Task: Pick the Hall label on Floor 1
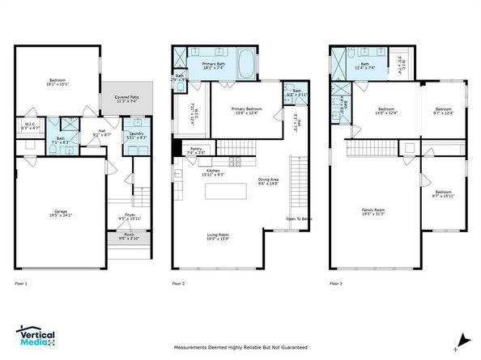click(x=103, y=133)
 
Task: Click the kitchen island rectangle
click(x=225, y=191)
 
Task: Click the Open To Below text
click(x=299, y=219)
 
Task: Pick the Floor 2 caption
click(x=180, y=284)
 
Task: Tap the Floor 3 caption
click(x=338, y=284)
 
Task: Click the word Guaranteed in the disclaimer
click(x=292, y=347)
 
